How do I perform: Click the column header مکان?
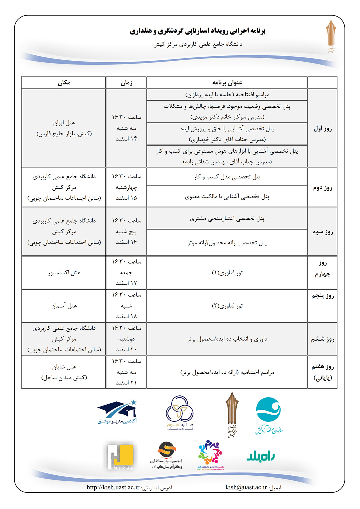pyautogui.click(x=64, y=83)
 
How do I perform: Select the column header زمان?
pyautogui.click(x=126, y=83)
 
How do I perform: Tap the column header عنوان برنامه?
pyautogui.click(x=227, y=83)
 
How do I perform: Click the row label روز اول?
pyautogui.click(x=322, y=129)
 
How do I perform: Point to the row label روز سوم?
pyautogui.click(x=322, y=232)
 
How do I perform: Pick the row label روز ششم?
pyautogui.click(x=322, y=339)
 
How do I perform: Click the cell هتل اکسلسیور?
pyautogui.click(x=64, y=272)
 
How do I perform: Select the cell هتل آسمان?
pyautogui.click(x=64, y=306)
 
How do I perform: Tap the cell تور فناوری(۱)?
pyautogui.click(x=227, y=273)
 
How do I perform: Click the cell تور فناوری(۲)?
pyautogui.click(x=227, y=306)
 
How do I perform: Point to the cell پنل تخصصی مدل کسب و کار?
pyautogui.click(x=227, y=177)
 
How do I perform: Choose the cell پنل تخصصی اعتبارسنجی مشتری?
pyautogui.click(x=227, y=219)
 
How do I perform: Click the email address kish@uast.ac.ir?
pyautogui.click(x=246, y=487)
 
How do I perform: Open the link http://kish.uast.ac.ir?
pyautogui.click(x=113, y=487)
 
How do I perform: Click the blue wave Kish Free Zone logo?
pyautogui.click(x=269, y=415)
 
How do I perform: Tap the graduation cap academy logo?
pyautogui.click(x=118, y=412)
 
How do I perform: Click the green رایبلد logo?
pyautogui.click(x=260, y=456)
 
